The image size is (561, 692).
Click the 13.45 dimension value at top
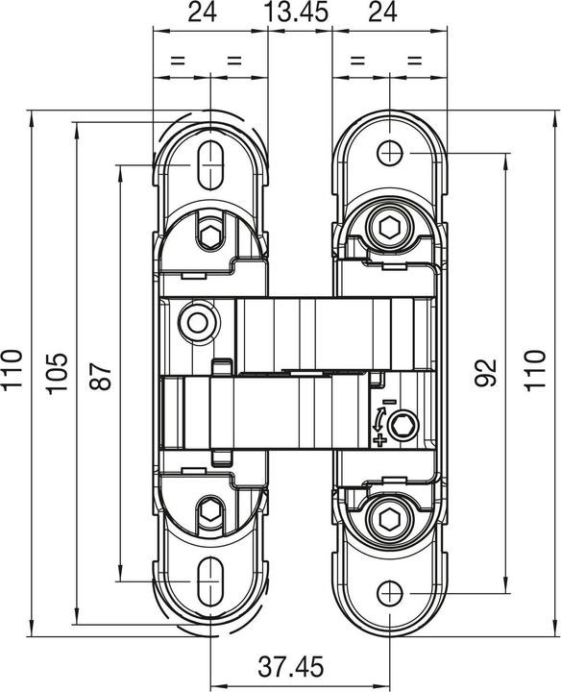click(298, 13)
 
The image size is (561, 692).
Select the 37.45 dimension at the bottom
click(290, 667)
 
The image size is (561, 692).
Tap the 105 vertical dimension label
click(59, 373)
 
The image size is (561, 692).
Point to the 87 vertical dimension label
click(100, 376)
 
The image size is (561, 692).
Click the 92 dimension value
click(486, 373)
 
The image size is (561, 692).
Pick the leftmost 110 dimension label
click(12, 369)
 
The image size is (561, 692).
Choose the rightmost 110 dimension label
click(534, 369)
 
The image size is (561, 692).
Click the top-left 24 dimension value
click(203, 13)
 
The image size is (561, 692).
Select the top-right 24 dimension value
click(382, 13)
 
